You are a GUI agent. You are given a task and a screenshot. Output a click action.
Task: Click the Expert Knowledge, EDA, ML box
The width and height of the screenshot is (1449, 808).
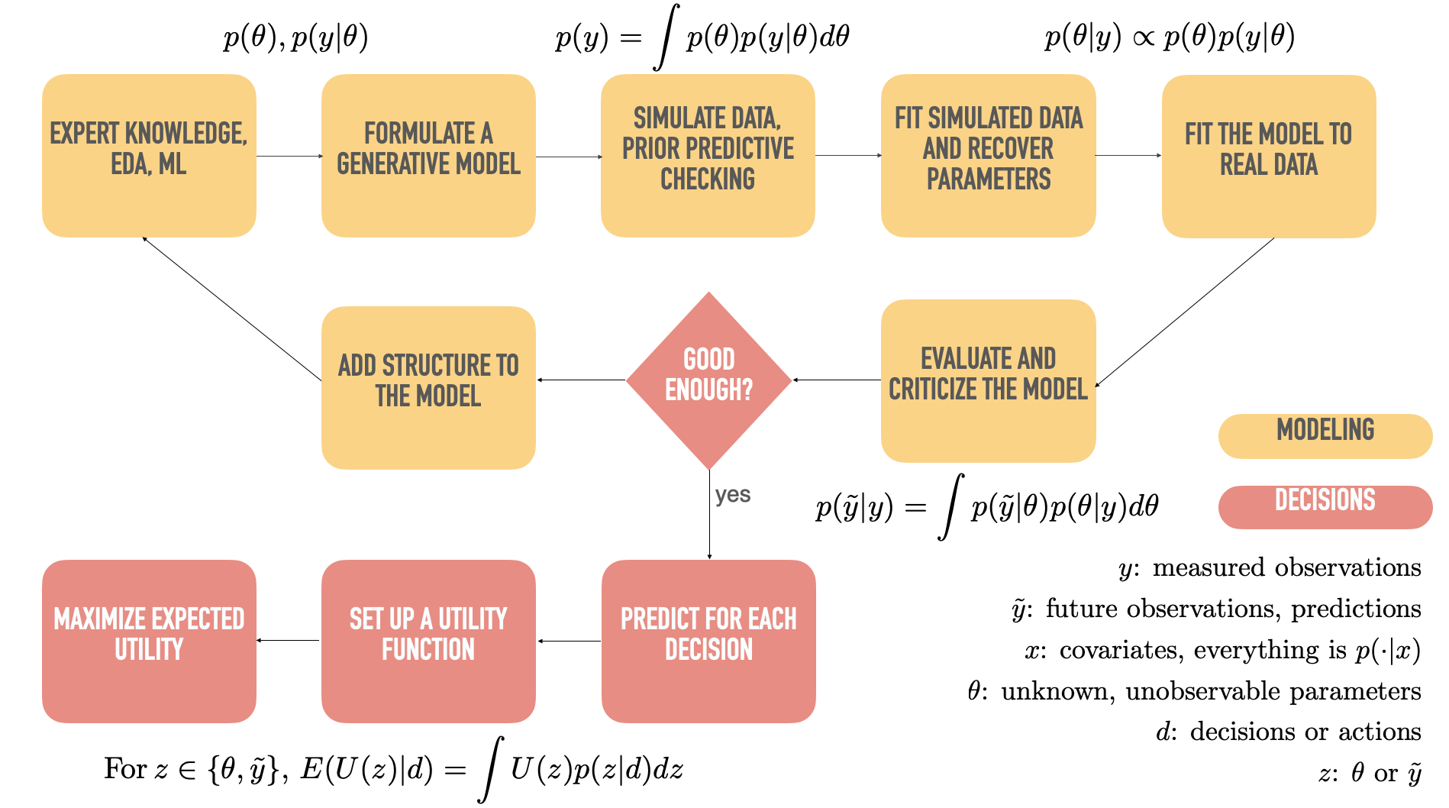point(149,155)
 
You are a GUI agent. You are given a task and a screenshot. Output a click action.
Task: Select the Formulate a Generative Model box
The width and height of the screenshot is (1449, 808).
point(428,155)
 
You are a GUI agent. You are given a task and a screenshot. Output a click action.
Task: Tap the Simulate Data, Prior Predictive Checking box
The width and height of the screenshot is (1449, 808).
point(708,155)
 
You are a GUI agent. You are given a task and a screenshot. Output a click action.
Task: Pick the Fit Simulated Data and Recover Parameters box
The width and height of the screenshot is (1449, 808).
point(988,155)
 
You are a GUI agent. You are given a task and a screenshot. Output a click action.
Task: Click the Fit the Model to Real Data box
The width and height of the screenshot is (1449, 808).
point(1268,156)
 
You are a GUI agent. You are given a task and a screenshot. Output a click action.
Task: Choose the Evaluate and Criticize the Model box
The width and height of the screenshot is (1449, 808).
point(988,380)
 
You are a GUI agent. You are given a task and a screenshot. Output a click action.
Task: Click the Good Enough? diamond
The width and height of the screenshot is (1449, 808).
point(708,380)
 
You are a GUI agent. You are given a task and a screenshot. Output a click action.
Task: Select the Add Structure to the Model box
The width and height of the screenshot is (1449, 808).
point(428,387)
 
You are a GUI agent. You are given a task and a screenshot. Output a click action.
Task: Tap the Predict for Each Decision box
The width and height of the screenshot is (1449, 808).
point(708,641)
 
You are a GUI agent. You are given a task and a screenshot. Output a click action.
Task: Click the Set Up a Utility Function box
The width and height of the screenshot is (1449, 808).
point(428,641)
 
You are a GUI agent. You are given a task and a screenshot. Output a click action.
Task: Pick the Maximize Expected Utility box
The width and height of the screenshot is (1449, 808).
point(149,641)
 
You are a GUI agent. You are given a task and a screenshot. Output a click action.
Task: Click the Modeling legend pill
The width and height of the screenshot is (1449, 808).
point(1325,435)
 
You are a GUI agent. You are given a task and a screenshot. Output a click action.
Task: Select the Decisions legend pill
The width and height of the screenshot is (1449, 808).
point(1325,506)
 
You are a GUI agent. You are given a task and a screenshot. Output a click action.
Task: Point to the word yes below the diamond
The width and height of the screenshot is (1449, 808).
point(733,495)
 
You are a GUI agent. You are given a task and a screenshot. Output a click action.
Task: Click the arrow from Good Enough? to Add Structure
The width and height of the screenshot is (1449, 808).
point(581,380)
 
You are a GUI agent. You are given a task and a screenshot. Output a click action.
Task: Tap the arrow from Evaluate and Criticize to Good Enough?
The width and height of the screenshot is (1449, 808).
point(837,380)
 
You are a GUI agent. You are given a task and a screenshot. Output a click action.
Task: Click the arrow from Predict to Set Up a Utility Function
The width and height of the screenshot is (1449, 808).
point(569,641)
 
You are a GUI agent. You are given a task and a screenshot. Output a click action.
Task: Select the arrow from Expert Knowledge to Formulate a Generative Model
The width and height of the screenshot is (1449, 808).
point(289,156)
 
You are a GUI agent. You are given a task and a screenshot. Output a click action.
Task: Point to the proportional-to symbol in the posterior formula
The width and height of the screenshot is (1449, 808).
point(1143,37)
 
